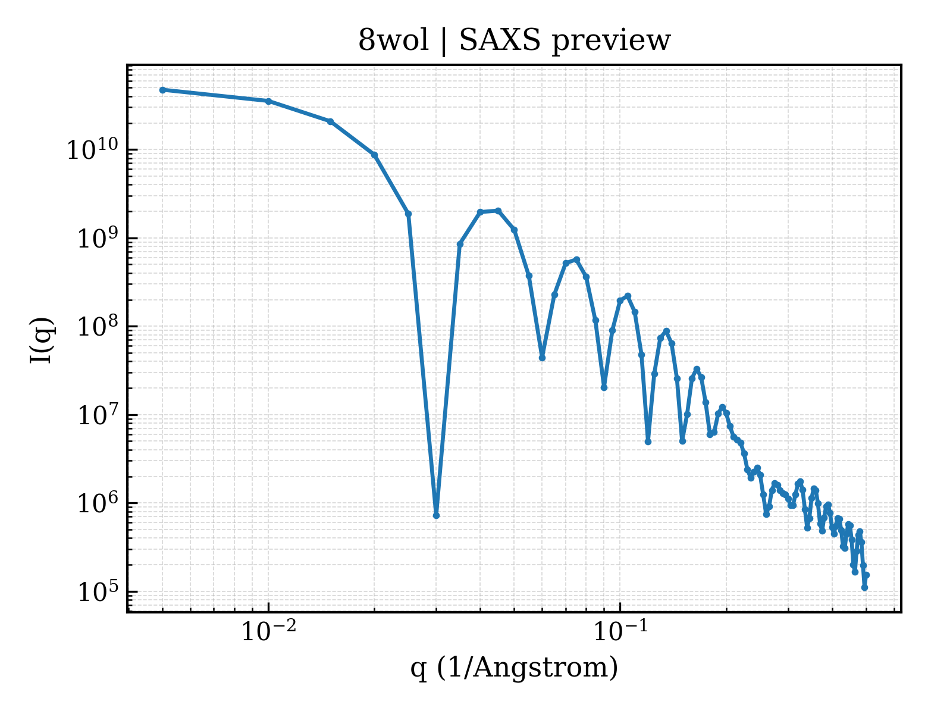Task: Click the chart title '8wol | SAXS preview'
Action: pos(514,41)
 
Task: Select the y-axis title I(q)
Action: pos(42,340)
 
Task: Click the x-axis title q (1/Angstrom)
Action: pos(514,668)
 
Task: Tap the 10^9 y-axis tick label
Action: pos(98,238)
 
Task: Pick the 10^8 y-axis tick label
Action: pos(98,326)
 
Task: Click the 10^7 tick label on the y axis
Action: pos(98,415)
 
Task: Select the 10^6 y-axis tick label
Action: pos(98,503)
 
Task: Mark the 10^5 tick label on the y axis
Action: pos(98,591)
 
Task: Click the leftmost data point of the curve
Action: pos(163,90)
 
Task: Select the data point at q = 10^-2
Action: pos(269,101)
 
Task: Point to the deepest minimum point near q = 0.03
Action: pos(436,515)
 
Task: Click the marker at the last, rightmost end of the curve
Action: pos(866,575)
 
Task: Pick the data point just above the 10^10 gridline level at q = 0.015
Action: pos(330,122)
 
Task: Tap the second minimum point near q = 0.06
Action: pos(542,358)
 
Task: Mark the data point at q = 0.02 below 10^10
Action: pos(375,155)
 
